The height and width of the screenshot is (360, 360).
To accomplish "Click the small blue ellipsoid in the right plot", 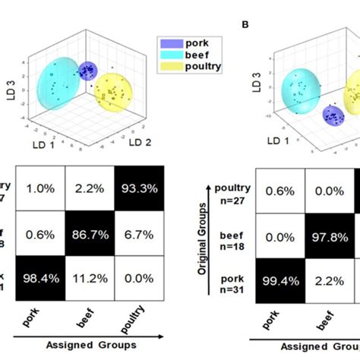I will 331,115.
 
